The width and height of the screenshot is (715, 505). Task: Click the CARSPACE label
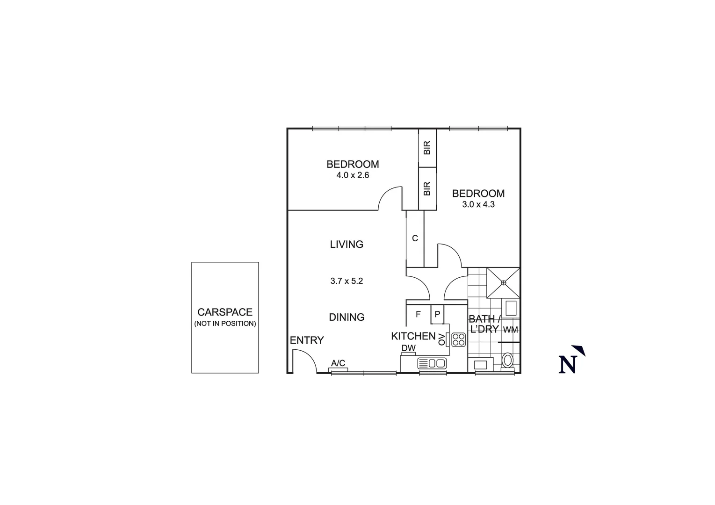pyautogui.click(x=225, y=312)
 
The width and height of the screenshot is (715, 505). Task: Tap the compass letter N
pyautogui.click(x=568, y=365)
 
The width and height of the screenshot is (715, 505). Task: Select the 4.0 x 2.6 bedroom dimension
pyautogui.click(x=353, y=175)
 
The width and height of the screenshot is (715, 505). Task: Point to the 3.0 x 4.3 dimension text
pyautogui.click(x=478, y=204)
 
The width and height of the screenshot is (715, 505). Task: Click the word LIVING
pyautogui.click(x=347, y=244)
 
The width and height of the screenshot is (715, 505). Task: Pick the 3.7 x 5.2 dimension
pyautogui.click(x=347, y=281)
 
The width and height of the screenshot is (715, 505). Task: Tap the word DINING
pyautogui.click(x=347, y=317)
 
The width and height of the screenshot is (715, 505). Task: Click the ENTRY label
pyautogui.click(x=307, y=340)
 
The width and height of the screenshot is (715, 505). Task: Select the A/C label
pyautogui.click(x=338, y=363)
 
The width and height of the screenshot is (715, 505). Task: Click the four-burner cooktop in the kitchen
pyautogui.click(x=458, y=339)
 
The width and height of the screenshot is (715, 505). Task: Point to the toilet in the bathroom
pyautogui.click(x=507, y=361)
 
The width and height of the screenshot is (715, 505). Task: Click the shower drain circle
pyautogui.click(x=504, y=282)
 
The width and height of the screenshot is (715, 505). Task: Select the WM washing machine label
pyautogui.click(x=511, y=329)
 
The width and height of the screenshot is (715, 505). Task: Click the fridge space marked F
pyautogui.click(x=418, y=314)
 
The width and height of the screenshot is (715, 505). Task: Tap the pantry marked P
pyautogui.click(x=437, y=314)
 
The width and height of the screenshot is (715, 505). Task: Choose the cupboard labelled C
pyautogui.click(x=415, y=238)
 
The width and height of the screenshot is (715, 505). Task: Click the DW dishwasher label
pyautogui.click(x=408, y=348)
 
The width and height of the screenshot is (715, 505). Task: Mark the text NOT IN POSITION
pyautogui.click(x=225, y=324)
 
